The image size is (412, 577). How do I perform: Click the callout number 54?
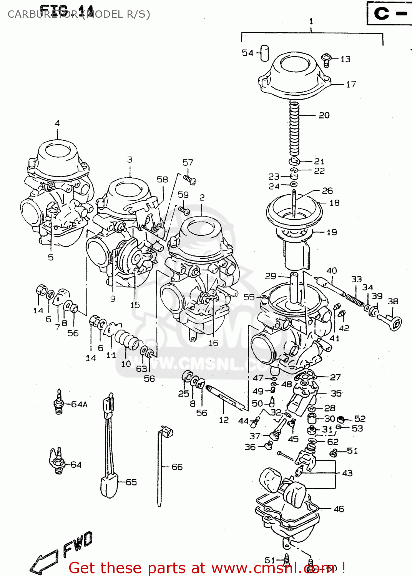coord(248,53)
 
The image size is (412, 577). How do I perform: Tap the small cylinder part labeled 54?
coord(264,53)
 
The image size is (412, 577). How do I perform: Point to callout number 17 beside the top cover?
coord(351,84)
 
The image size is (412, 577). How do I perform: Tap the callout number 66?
coord(177,467)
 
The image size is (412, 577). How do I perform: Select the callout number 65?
coord(131,482)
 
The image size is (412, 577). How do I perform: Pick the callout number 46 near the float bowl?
coord(339,509)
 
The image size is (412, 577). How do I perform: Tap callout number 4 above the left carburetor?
coord(57,123)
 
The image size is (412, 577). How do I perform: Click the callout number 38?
coord(392,301)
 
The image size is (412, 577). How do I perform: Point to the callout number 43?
coord(347,473)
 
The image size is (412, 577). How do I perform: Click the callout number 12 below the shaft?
coord(224,420)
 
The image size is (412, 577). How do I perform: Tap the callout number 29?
coord(271,276)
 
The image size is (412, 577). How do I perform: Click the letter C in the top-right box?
coord(381,13)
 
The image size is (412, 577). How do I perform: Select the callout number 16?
coord(213,343)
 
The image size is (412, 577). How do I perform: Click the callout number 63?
coord(141,369)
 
